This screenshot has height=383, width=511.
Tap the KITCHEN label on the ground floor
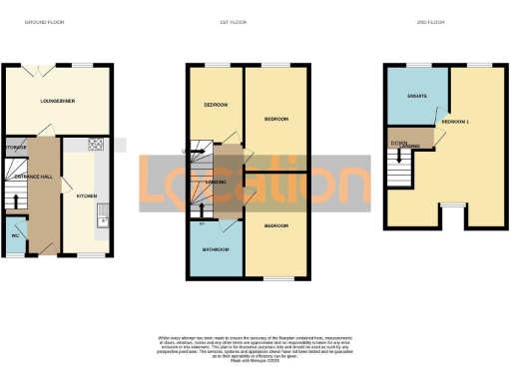click(87, 195)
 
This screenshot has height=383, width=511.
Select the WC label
click(15, 235)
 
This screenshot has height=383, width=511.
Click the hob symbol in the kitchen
click(97, 144)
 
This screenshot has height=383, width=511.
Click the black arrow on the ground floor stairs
click(17, 200)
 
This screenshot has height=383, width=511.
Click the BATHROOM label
click(216, 248)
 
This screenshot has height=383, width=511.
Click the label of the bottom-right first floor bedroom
click(276, 226)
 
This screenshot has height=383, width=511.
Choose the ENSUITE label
click(417, 97)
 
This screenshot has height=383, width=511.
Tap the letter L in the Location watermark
click(158, 184)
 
